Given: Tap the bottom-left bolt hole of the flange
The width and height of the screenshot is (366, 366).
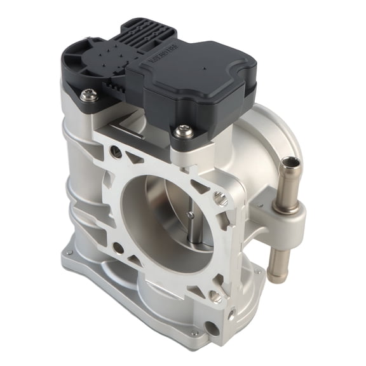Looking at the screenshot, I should (118, 248).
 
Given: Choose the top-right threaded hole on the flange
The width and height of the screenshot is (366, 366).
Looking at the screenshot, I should (220, 199).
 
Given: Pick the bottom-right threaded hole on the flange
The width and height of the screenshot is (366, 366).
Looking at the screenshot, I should (215, 296).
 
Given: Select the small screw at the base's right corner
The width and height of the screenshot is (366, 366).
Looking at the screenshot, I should (257, 272).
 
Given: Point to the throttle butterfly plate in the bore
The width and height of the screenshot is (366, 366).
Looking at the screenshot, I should (172, 222).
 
